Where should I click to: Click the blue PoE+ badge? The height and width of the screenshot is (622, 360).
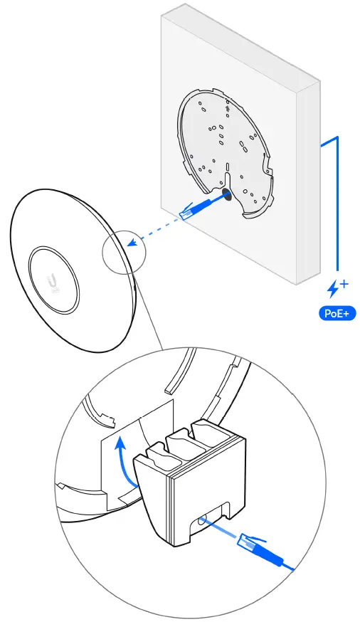coord(337,312)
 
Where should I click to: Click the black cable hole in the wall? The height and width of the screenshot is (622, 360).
coord(226,194)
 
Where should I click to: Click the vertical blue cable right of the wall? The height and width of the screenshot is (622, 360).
coord(337,206)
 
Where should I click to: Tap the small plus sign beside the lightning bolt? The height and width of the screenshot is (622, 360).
coord(344,284)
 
